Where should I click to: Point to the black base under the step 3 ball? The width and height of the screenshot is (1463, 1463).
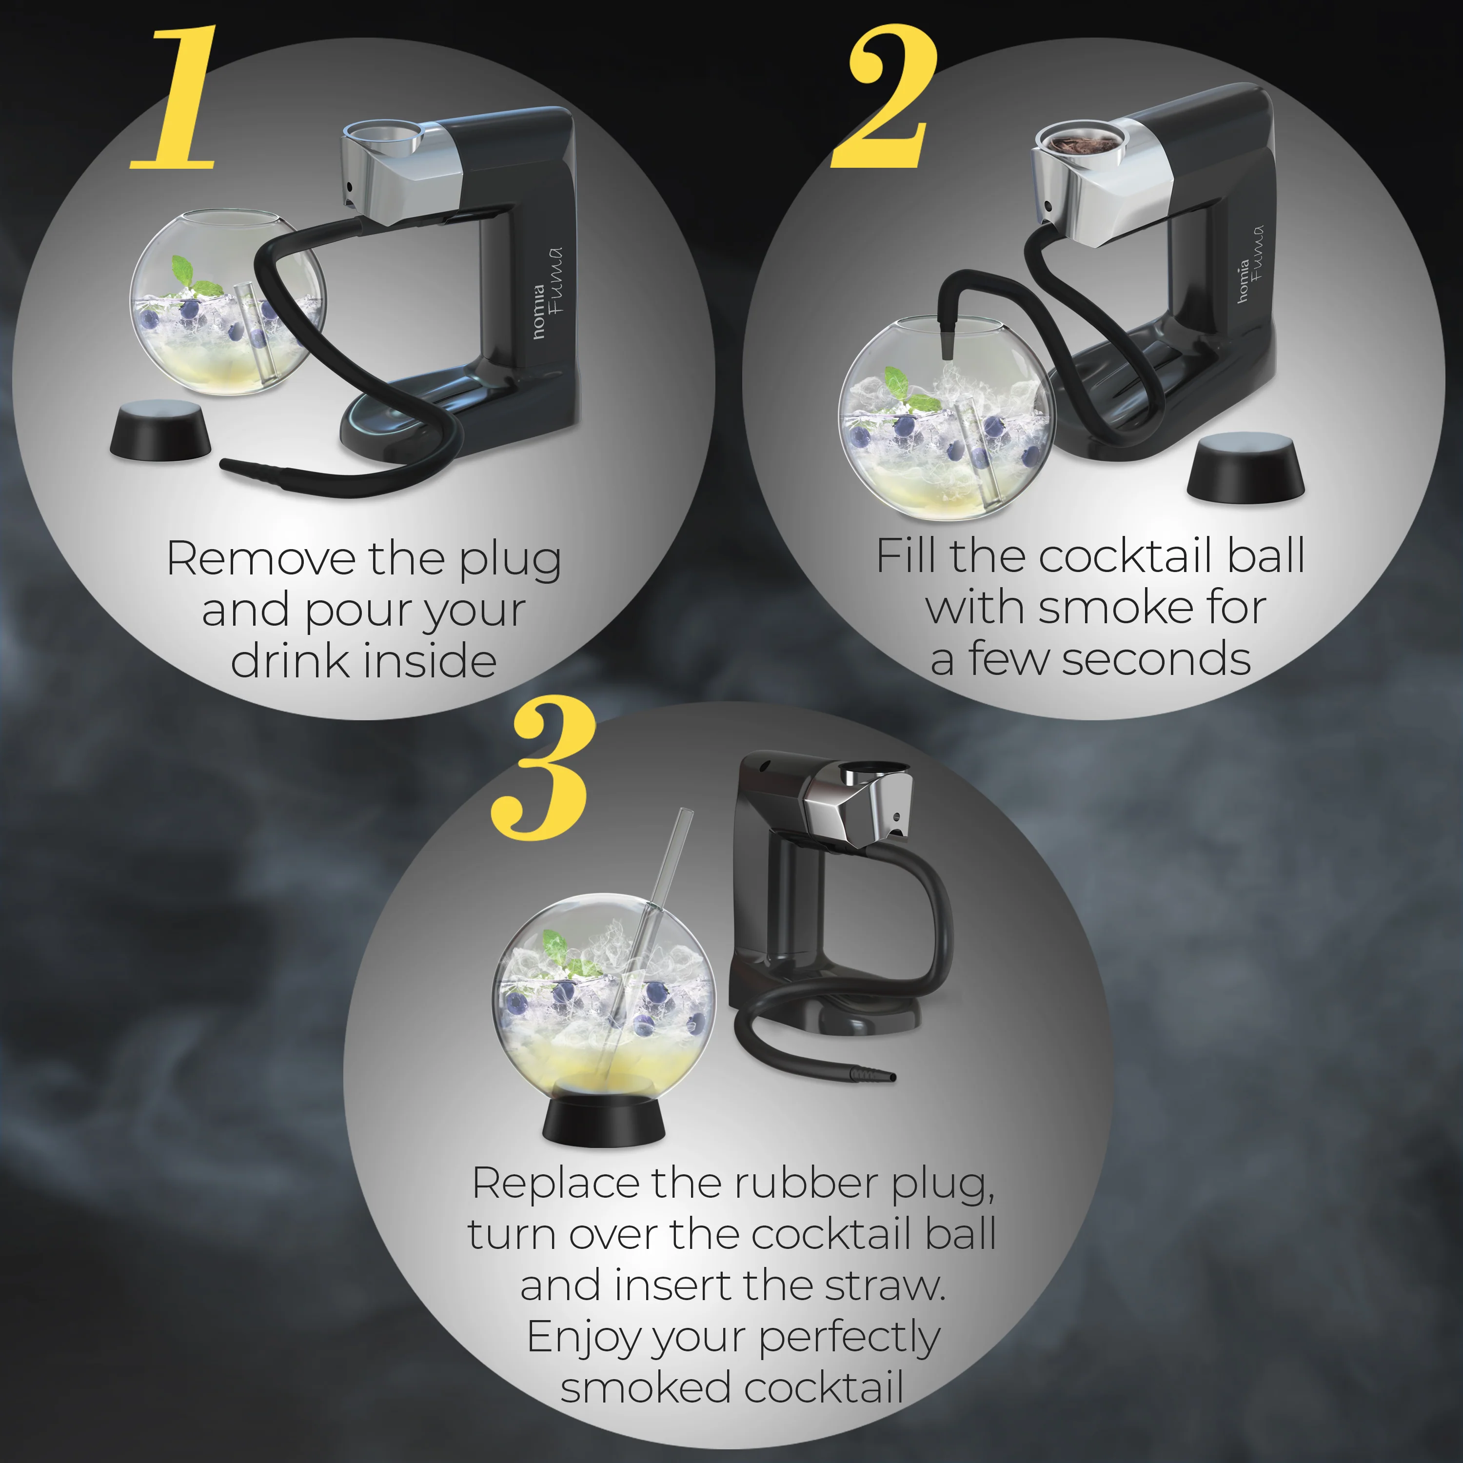[604, 1119]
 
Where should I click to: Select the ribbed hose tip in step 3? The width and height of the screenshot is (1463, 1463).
[873, 1074]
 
